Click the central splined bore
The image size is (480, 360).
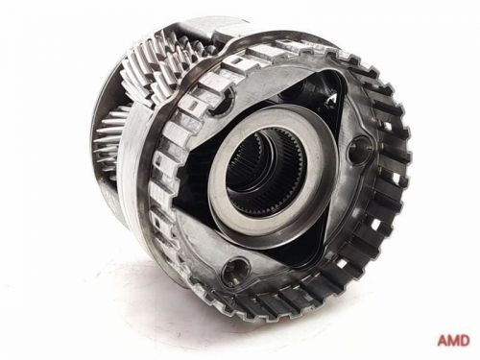pos(266,174)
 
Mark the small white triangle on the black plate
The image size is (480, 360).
pos(331,98)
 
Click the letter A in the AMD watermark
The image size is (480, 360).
pos(444,340)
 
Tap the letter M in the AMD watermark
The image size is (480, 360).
pos(455,340)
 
